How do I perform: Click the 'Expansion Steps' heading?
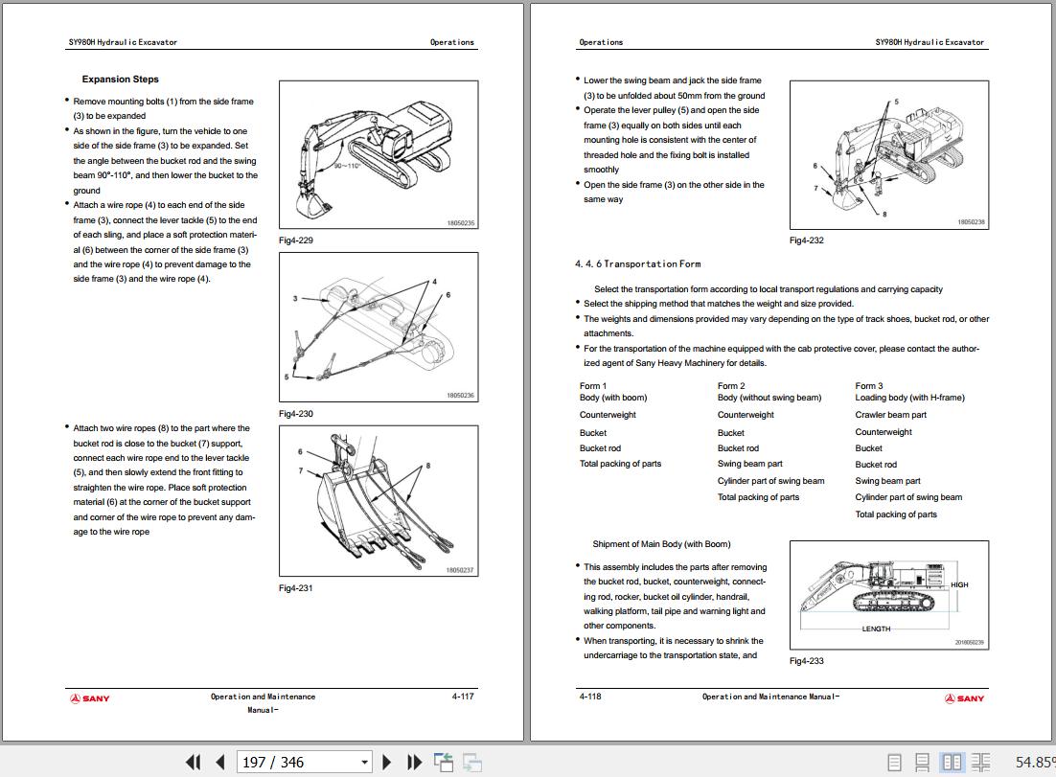(x=120, y=80)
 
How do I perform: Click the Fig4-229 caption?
(x=295, y=240)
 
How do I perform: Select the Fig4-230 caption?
(x=295, y=414)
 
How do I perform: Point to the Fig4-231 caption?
(x=295, y=588)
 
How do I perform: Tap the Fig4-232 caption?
(x=806, y=240)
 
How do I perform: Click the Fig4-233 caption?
(x=806, y=661)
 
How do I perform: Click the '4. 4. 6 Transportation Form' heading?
(x=637, y=263)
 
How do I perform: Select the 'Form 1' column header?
(x=592, y=386)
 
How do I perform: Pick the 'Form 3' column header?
(x=868, y=386)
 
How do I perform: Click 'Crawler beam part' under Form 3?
(x=890, y=415)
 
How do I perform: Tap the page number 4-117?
(x=463, y=697)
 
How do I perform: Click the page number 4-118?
(x=590, y=697)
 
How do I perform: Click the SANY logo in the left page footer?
(x=90, y=698)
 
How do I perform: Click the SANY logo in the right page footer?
(x=964, y=698)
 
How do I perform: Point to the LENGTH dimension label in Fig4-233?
(x=876, y=629)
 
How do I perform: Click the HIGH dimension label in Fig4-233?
(x=959, y=584)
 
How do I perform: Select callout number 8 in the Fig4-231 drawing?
(x=428, y=466)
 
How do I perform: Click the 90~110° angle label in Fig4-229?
(x=346, y=166)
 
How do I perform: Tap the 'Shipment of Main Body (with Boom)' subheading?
(x=661, y=544)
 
